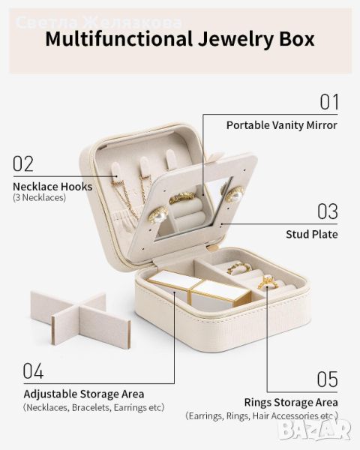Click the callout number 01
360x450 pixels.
[329, 102]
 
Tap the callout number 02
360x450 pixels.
[23, 163]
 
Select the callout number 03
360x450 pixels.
[328, 211]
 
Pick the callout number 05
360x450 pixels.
[327, 379]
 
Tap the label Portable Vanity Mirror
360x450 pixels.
[282, 125]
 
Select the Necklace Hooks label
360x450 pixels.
[52, 187]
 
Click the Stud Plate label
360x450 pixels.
[312, 234]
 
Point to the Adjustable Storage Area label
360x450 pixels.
[84, 394]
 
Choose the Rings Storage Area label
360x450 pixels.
[291, 402]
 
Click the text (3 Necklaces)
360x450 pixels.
[39, 198]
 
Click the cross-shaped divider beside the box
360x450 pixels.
[81, 318]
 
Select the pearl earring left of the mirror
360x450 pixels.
[157, 214]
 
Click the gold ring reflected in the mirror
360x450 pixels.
[181, 198]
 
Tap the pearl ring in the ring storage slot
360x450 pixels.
[268, 281]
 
